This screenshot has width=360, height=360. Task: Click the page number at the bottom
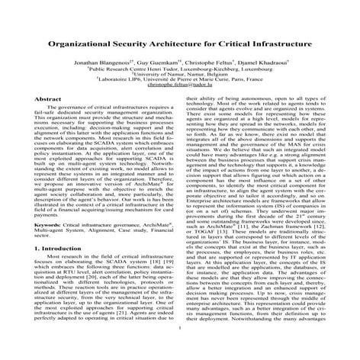(181, 350)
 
